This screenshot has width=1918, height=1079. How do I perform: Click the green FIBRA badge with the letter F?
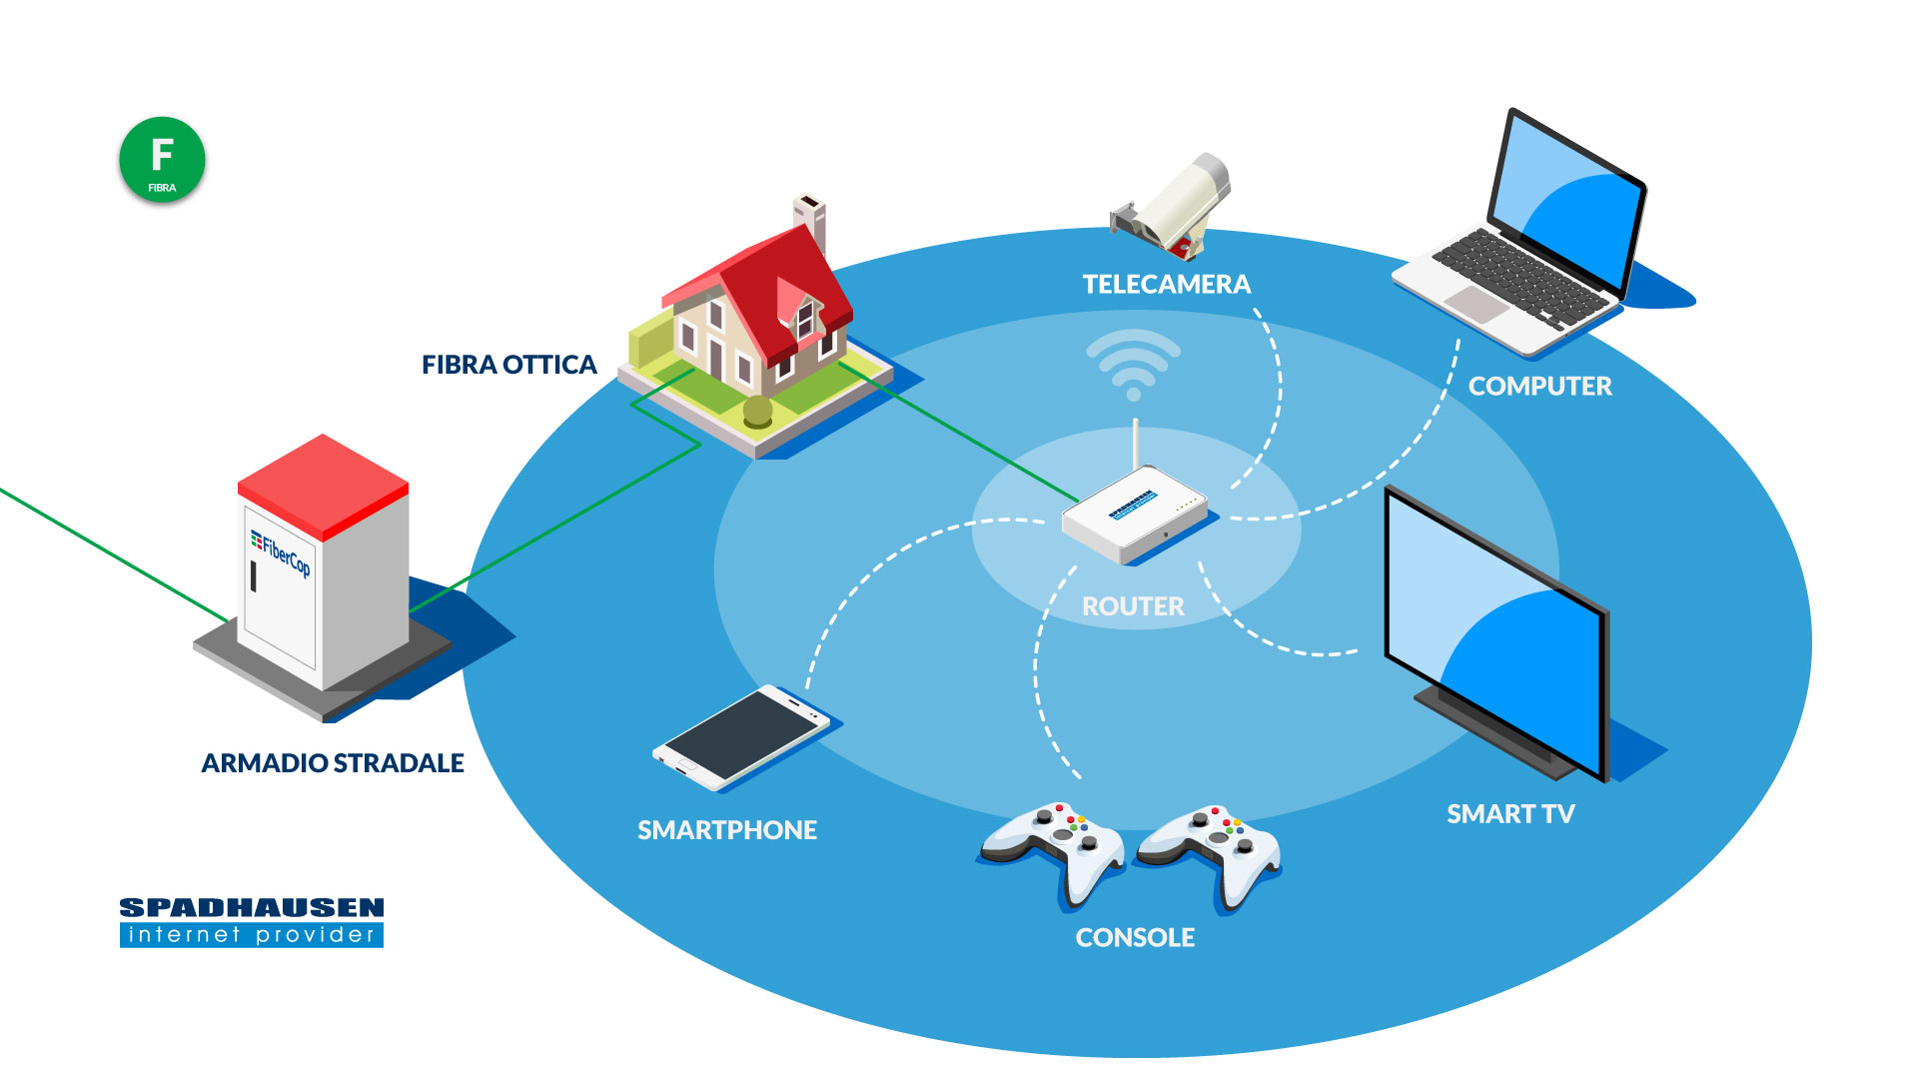click(162, 160)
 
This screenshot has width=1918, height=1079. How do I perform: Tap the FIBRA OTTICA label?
click(509, 365)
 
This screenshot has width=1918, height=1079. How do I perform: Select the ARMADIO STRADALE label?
click(333, 763)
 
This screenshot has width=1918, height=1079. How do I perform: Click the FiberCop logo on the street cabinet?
click(281, 552)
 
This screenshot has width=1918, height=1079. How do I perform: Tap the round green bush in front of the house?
click(758, 411)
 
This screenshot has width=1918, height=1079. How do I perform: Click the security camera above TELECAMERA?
click(1171, 205)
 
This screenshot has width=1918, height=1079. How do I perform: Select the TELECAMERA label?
click(1167, 285)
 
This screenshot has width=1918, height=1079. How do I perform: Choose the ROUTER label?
click(1133, 606)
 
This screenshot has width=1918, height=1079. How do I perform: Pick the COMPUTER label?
click(1540, 387)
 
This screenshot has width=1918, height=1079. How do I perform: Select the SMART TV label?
click(1510, 814)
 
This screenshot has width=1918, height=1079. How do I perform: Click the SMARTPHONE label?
click(727, 830)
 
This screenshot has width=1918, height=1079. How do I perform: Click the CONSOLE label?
click(1135, 938)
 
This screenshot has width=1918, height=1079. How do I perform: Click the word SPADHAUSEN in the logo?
click(252, 908)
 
